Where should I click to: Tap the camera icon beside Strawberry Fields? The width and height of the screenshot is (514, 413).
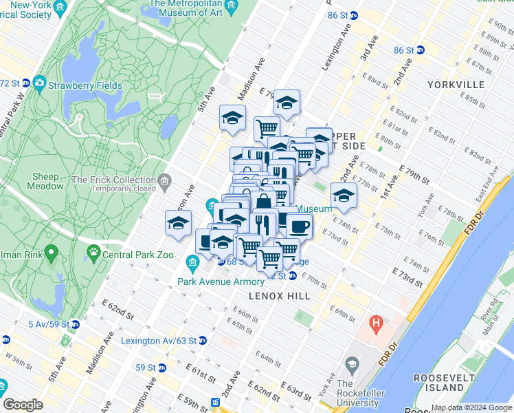pos(39,83)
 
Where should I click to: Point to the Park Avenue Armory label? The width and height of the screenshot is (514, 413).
pos(221,282)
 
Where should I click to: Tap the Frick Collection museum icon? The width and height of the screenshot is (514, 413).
pos(165,182)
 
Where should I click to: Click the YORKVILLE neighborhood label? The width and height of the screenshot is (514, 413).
pos(456,85)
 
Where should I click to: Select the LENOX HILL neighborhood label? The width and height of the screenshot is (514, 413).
pos(280,296)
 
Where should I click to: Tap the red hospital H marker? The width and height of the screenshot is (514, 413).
pos(376,322)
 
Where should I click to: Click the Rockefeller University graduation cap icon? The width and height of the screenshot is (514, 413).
pos(352,364)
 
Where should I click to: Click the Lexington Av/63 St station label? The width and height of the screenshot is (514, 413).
pos(158,341)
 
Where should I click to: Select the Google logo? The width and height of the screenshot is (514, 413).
pos(23,405)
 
